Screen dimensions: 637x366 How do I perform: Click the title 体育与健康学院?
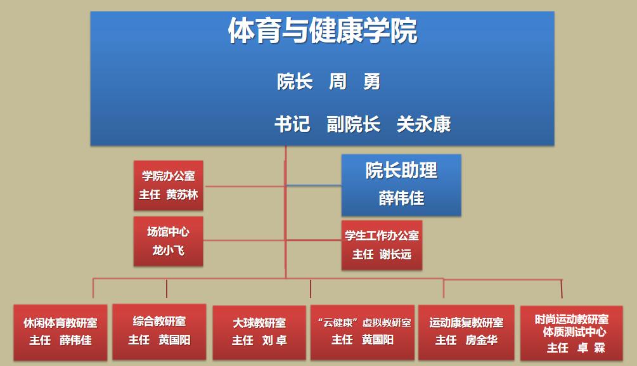(x=323, y=30)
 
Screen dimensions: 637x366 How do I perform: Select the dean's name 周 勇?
(x=354, y=81)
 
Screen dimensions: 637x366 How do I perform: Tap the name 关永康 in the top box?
(x=424, y=124)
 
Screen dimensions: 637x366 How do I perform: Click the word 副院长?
(x=354, y=124)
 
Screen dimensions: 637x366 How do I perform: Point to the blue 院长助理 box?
(x=401, y=185)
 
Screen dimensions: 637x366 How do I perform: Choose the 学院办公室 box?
(x=169, y=185)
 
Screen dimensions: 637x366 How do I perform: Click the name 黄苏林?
(x=182, y=195)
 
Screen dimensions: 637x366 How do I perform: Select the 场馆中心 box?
(x=169, y=242)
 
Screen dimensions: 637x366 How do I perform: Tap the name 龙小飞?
(x=169, y=250)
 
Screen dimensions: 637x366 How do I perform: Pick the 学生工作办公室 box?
(x=382, y=245)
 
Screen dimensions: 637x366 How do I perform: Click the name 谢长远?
(x=396, y=254)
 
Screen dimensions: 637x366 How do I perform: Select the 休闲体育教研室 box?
(x=61, y=332)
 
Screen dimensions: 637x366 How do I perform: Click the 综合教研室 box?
(x=159, y=332)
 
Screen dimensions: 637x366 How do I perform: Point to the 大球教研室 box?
(x=259, y=332)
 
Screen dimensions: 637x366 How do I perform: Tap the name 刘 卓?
(x=274, y=340)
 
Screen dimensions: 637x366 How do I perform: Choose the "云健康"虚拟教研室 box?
(x=363, y=332)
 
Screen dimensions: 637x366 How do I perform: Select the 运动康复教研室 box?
(x=466, y=332)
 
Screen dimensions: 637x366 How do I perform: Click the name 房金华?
(x=482, y=340)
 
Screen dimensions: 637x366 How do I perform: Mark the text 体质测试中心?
(x=574, y=332)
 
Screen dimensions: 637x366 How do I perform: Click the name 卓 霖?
(x=591, y=348)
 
